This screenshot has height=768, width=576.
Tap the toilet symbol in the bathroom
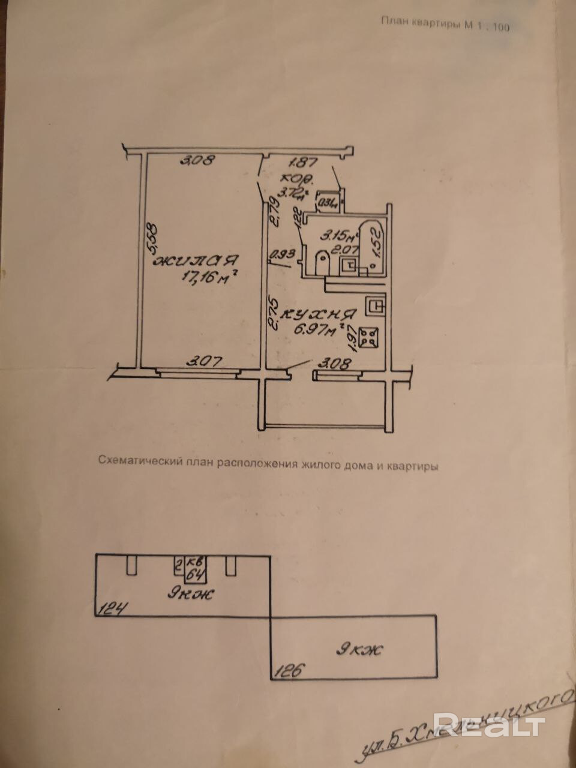click(322, 262)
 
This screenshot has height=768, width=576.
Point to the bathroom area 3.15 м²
click(337, 232)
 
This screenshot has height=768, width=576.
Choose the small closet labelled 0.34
click(328, 202)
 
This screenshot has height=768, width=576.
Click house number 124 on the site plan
click(111, 611)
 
